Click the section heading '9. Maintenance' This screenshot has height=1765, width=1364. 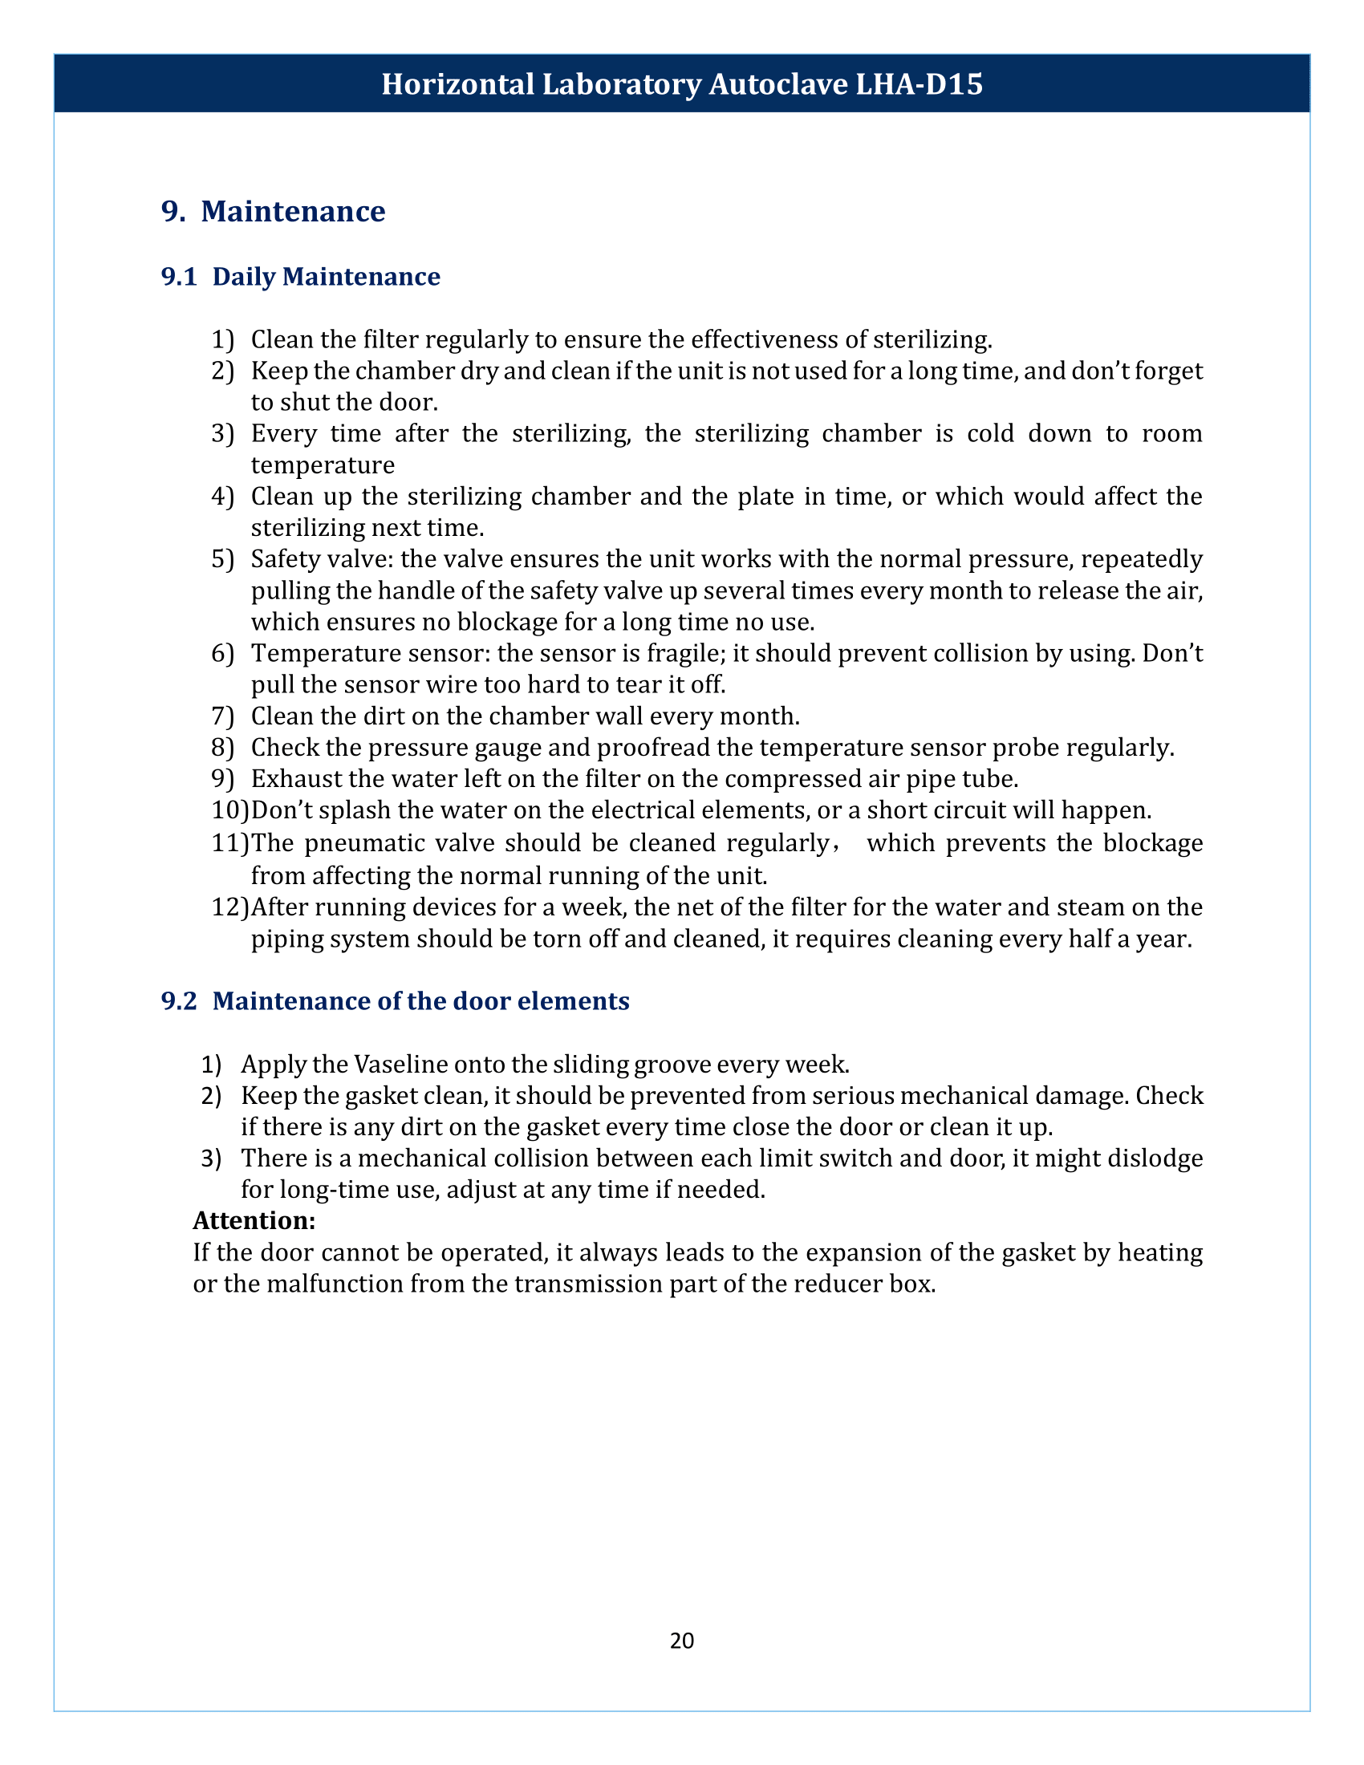click(x=273, y=211)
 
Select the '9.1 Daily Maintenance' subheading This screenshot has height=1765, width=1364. click(x=301, y=277)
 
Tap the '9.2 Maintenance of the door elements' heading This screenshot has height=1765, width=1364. click(x=395, y=1000)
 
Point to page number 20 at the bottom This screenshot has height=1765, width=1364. click(x=681, y=1640)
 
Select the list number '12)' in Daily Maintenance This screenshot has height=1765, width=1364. click(x=229, y=907)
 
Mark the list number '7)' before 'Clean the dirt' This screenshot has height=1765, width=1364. click(x=222, y=716)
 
